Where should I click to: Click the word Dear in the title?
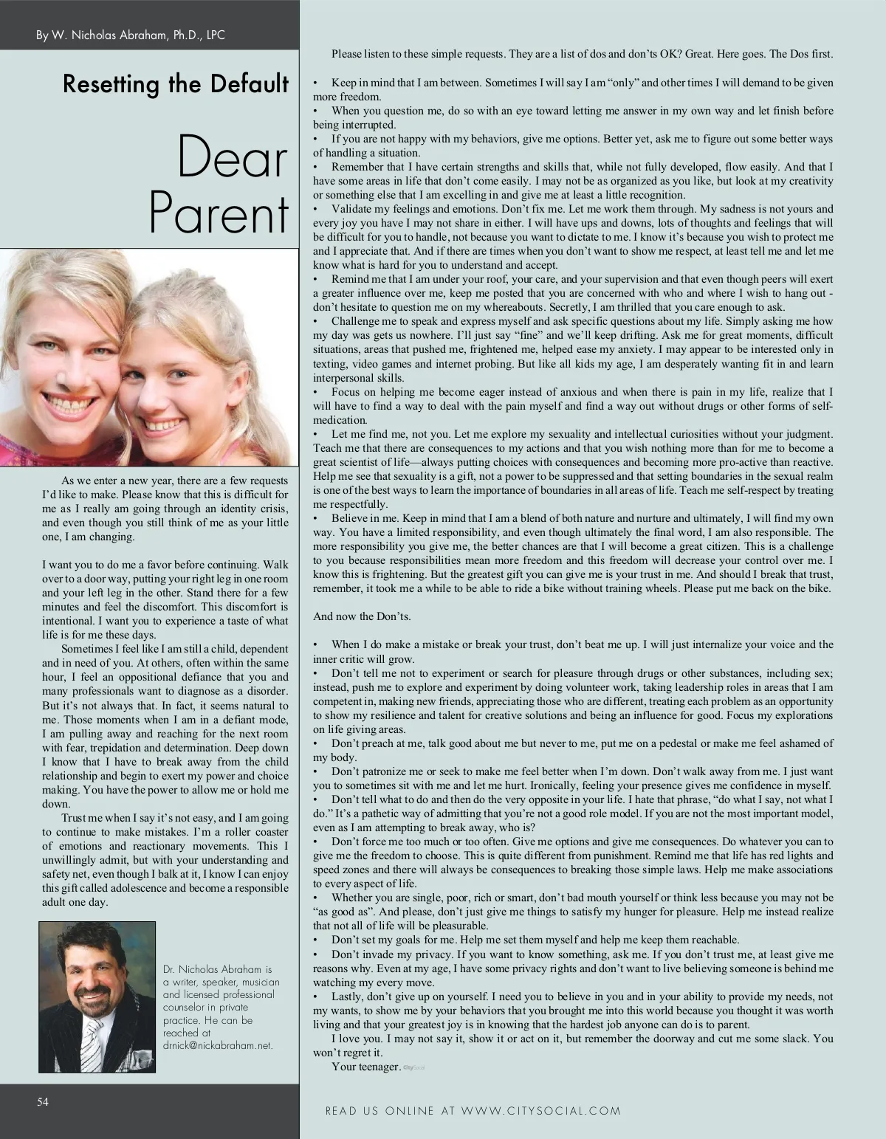pos(233,156)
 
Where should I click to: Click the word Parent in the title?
pos(219,214)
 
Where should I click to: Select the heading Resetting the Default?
pos(176,85)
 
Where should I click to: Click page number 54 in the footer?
pos(44,1101)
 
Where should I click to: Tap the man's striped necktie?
pos(92,1037)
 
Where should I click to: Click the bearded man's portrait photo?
pos(97,997)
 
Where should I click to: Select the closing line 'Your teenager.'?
pos(365,1067)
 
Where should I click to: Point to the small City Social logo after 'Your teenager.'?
pos(412,1067)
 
